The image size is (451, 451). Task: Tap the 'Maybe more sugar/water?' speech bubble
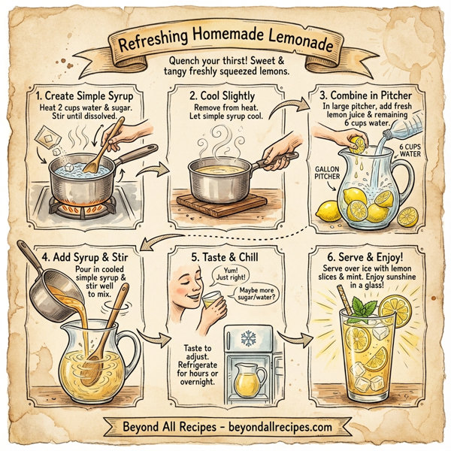coord(259,298)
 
